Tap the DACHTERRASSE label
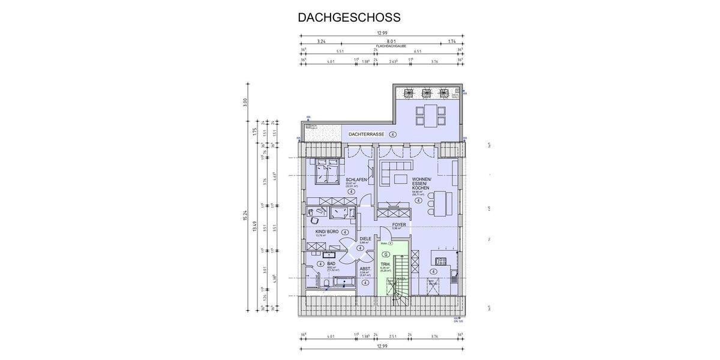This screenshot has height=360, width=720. [x=366, y=134]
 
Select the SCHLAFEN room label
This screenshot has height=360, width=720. [x=356, y=180]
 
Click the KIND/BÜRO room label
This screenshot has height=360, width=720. [x=327, y=231]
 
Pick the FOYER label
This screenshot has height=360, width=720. [x=399, y=225]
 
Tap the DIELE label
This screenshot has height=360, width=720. [x=365, y=238]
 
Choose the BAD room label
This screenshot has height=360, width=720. [x=331, y=263]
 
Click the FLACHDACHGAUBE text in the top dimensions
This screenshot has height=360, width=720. [x=392, y=46]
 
